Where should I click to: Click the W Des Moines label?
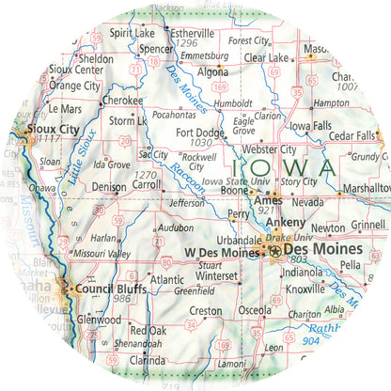(x=220, y=253)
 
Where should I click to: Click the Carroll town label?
(x=146, y=186)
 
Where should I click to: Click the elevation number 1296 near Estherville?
(x=187, y=43)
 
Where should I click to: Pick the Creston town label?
(x=206, y=311)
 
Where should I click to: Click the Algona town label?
(x=213, y=70)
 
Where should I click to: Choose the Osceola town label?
(x=254, y=311)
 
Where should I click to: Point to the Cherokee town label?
(x=122, y=100)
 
